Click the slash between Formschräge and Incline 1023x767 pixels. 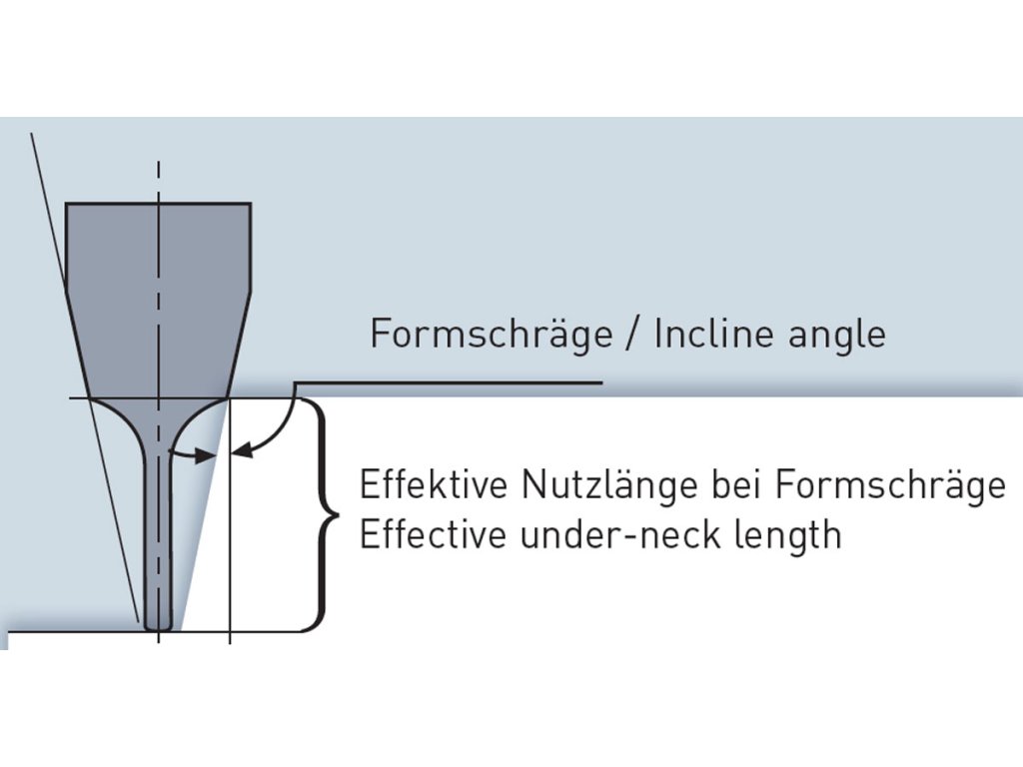[x=631, y=334]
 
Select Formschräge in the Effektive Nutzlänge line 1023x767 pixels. [x=889, y=486]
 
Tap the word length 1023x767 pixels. [x=788, y=536]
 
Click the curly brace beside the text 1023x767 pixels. [x=323, y=515]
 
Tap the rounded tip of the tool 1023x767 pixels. [x=159, y=624]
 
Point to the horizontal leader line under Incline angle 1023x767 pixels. [x=450, y=383]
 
